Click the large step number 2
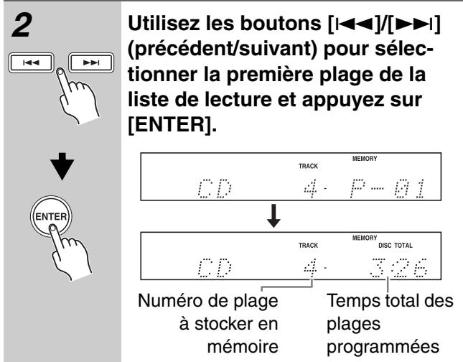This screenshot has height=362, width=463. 22,26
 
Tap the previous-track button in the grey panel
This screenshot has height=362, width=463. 32,62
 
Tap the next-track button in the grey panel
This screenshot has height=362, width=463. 91,62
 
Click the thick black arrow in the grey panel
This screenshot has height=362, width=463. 62,166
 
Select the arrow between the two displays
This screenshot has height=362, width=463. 273,215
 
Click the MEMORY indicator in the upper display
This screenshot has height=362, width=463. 365,159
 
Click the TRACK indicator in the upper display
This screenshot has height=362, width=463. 308,166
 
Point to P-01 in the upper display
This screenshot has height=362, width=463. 387,188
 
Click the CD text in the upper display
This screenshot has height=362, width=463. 215,188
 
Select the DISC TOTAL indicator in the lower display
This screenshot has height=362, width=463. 396,245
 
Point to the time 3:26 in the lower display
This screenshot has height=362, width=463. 398,268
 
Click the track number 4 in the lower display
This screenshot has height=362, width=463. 311,268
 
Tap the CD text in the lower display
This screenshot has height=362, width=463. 215,268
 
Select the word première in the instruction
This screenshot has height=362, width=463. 270,74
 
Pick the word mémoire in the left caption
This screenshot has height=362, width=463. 243,346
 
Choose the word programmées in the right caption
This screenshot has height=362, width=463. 383,347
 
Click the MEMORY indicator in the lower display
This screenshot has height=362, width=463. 365,238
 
